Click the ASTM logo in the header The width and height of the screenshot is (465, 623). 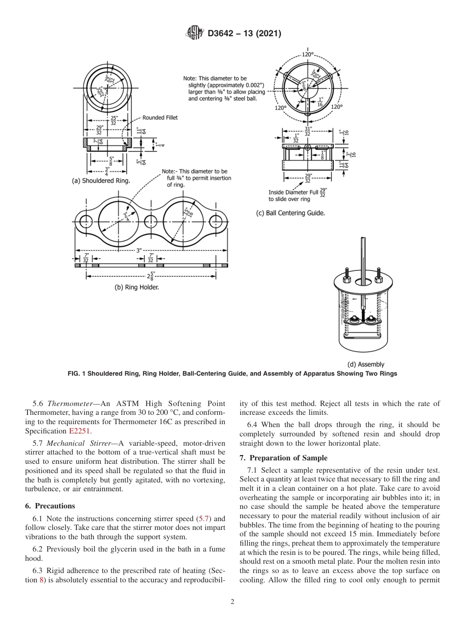tap(195, 33)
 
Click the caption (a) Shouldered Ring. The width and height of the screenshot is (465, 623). tap(101, 181)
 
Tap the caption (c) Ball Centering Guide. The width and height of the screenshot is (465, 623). tap(291, 213)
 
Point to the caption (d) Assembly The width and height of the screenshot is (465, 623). tap(366, 364)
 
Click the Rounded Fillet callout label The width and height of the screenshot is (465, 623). tap(160, 118)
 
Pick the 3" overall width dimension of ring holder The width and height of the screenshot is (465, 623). tap(139, 250)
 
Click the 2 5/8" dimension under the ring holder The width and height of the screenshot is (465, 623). tap(151, 276)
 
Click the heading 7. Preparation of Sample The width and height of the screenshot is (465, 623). tap(283, 458)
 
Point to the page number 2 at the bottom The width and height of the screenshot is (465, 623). tap(232, 602)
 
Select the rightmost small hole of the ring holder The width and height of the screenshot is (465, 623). tap(215, 221)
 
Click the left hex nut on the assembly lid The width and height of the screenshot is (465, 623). tap(347, 279)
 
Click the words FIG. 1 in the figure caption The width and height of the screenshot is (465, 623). tap(77, 374)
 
